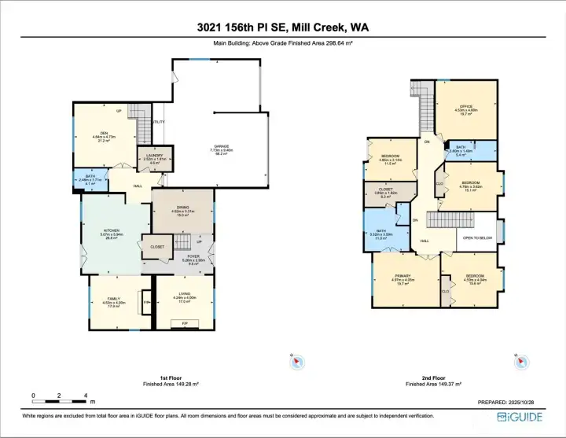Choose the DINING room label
181,208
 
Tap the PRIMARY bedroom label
402,276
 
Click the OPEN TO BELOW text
477,239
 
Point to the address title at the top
283,28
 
